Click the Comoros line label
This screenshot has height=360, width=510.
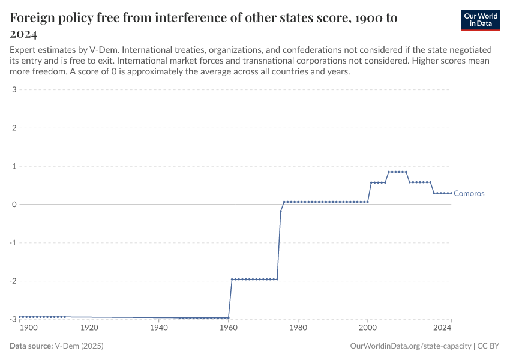469,193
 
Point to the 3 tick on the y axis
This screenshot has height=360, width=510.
13,90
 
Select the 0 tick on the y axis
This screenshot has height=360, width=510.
13,205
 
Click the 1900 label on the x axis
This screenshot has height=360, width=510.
28,328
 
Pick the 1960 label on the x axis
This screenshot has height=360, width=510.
228,328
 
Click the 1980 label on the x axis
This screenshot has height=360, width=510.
298,328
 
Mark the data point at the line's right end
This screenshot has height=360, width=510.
451,193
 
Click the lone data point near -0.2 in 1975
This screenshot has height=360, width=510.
281,211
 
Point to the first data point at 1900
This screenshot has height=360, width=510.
19,317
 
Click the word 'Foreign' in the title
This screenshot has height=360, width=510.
37,18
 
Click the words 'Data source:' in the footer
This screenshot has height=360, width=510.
31,346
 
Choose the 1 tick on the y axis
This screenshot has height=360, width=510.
13,166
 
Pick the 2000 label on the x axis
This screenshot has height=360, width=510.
368,328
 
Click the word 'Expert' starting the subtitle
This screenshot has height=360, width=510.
23,49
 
